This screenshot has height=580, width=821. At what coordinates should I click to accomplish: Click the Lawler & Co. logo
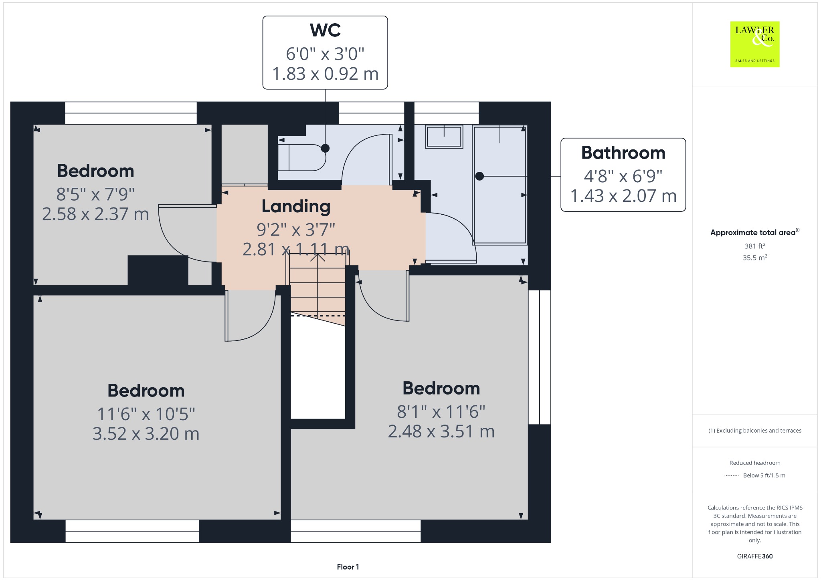(x=754, y=44)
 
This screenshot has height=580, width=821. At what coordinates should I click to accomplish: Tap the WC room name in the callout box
(x=325, y=30)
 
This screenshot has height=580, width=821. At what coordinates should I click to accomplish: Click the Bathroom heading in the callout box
(x=623, y=153)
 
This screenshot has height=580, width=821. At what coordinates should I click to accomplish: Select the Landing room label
(x=296, y=206)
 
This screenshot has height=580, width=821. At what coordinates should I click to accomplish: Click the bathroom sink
(x=444, y=137)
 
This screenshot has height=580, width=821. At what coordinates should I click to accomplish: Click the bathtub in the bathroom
(x=499, y=185)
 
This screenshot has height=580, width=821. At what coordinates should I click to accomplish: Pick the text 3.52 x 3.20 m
(x=146, y=434)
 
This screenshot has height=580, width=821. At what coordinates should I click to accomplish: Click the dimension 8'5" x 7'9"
(x=95, y=194)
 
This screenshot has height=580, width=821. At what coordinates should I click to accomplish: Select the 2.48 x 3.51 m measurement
(x=441, y=431)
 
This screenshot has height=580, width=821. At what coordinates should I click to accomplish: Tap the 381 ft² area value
(x=755, y=246)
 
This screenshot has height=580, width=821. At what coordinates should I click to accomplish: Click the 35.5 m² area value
(x=755, y=258)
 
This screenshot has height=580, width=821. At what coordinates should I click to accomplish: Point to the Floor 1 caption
(x=348, y=567)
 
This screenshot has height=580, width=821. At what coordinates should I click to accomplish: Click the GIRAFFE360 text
(x=755, y=556)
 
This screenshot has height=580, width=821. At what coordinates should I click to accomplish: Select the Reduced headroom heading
(x=755, y=463)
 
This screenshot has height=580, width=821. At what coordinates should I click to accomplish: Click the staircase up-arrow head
(x=317, y=257)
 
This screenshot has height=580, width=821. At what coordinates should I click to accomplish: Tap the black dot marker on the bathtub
(x=479, y=176)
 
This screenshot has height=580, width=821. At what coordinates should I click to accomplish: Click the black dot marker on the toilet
(x=325, y=148)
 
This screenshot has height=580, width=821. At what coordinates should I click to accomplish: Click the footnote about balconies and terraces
(x=755, y=431)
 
